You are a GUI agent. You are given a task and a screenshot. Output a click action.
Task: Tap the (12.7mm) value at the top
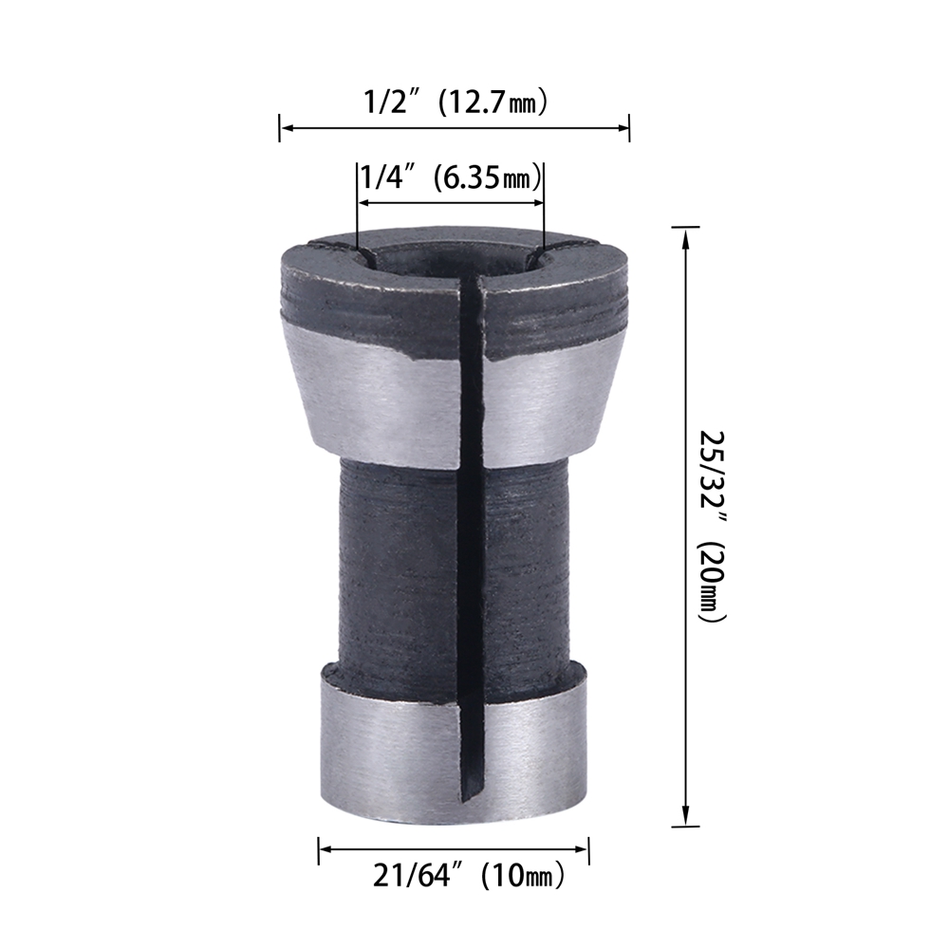(x=492, y=102)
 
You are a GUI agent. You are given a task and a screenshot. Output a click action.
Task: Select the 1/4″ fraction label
(x=383, y=177)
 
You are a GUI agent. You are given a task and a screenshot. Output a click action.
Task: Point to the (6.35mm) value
(x=483, y=178)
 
